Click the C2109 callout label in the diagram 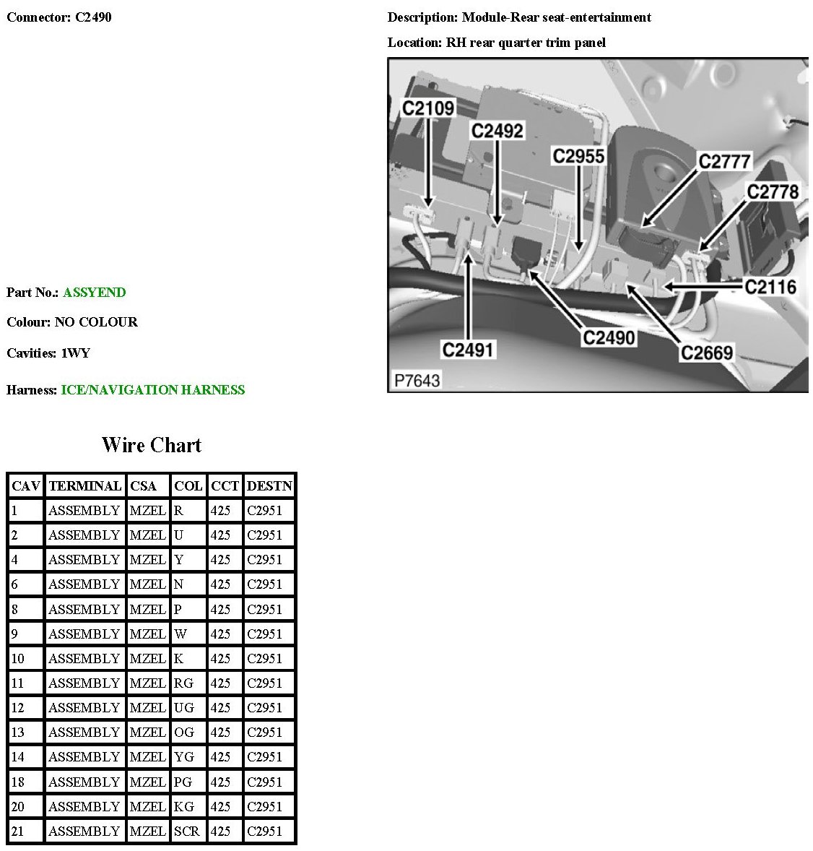tap(428, 108)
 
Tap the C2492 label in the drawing tap(497, 131)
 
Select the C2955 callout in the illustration tap(578, 156)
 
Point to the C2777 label tap(724, 161)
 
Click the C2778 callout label tap(773, 191)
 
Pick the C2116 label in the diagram tap(770, 287)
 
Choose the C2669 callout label tap(707, 353)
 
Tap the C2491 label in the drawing tap(468, 350)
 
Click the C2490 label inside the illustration tap(609, 337)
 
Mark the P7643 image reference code tap(417, 380)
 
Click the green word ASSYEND tap(95, 293)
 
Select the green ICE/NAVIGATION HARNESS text tap(153, 390)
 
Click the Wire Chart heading tap(152, 445)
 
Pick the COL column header tap(188, 486)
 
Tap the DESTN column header tap(269, 486)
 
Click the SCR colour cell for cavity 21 tap(187, 831)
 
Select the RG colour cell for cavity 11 tap(184, 683)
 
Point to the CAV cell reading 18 tap(18, 782)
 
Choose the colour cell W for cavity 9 tap(181, 634)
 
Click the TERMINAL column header tap(84, 486)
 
